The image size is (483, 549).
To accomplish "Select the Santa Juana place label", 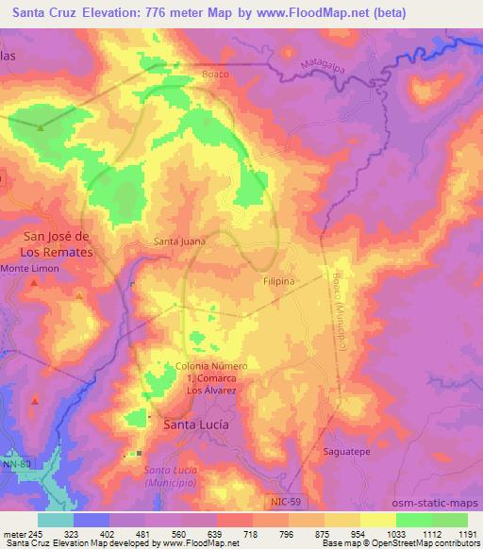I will click(180, 241).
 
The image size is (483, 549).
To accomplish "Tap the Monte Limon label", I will click(29, 269).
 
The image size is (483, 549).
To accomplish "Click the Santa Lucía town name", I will click(196, 424).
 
